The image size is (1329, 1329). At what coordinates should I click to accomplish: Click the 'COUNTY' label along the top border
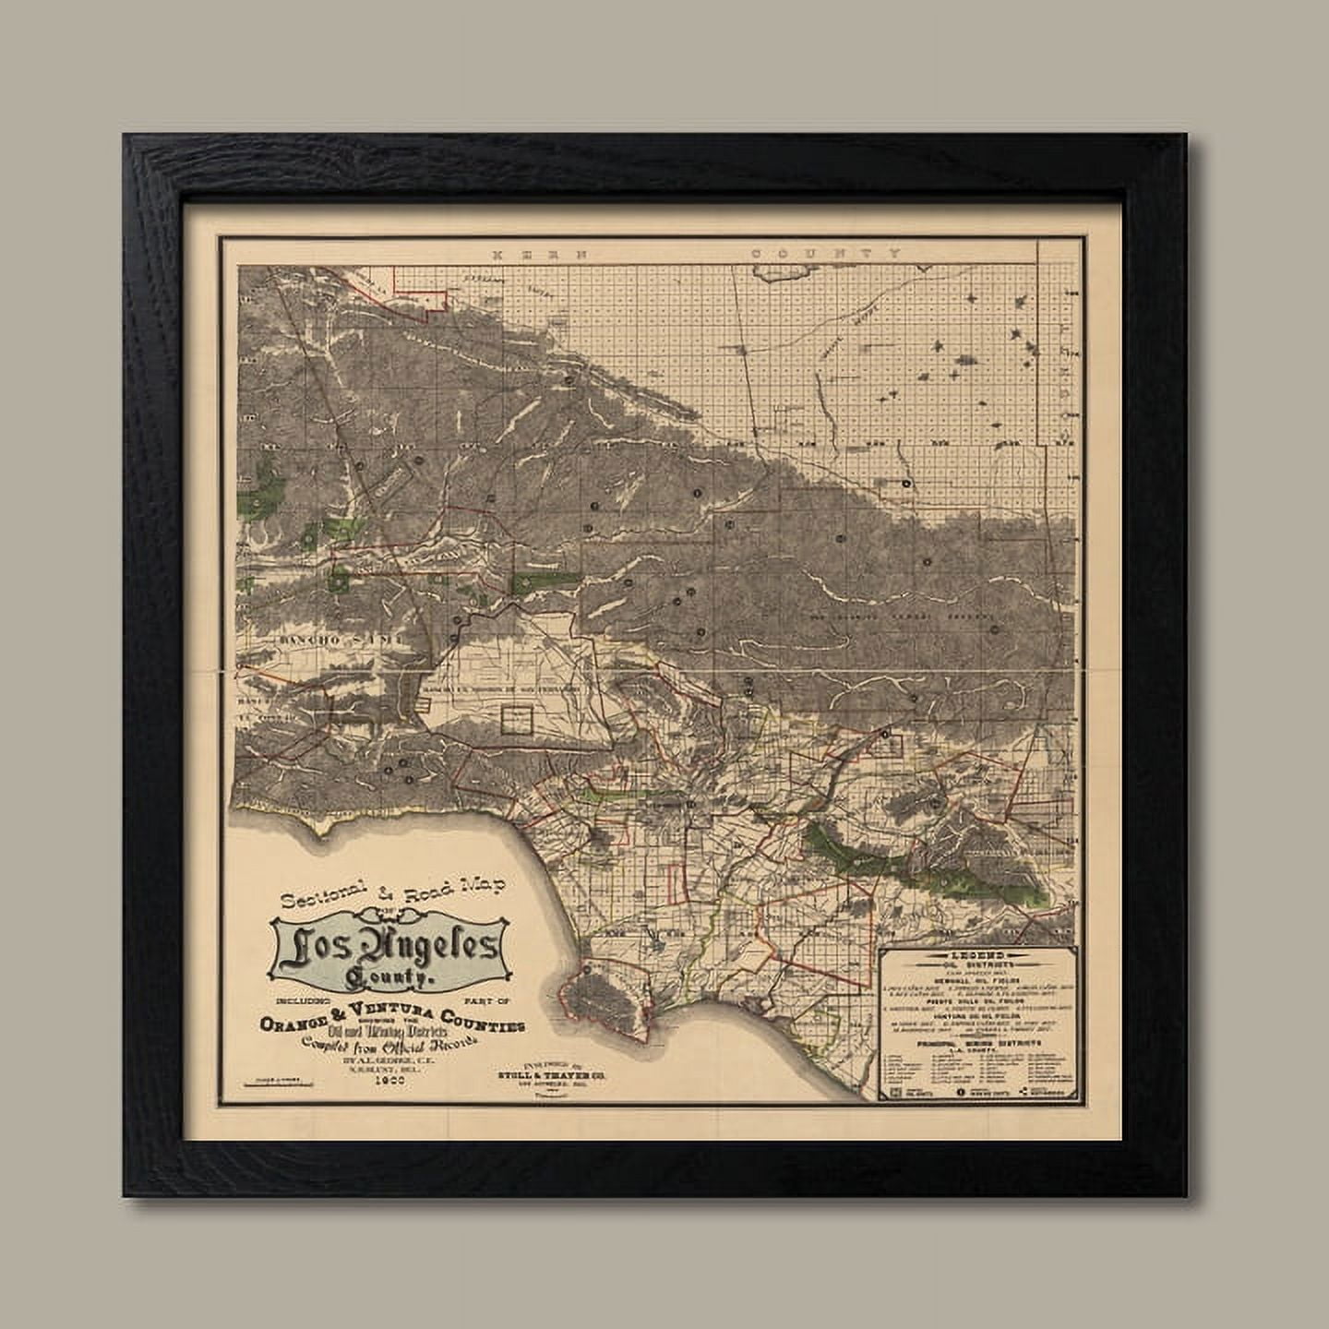click(825, 252)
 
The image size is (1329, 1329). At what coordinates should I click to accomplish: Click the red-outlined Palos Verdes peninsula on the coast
click(614, 997)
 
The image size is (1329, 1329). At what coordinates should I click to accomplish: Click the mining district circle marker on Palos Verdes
click(587, 972)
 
